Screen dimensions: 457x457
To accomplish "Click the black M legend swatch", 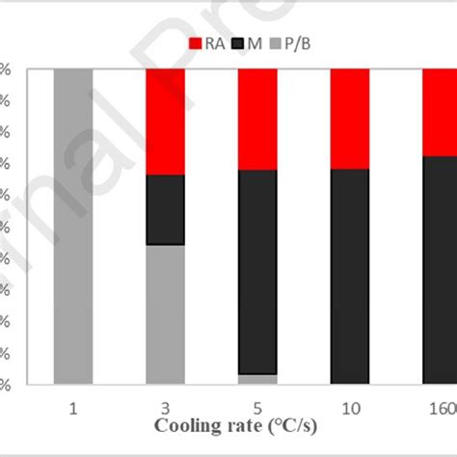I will [246, 42].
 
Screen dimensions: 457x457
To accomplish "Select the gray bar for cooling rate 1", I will [73, 227].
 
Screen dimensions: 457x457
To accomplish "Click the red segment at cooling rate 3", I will [165, 121].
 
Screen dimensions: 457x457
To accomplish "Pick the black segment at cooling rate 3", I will [165, 209].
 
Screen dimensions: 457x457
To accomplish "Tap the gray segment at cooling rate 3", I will [165, 314].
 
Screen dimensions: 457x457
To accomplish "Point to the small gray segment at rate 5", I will [257, 379].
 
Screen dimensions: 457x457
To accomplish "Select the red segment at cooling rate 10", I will [349, 119].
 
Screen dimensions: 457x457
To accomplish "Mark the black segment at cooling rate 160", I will [440, 270].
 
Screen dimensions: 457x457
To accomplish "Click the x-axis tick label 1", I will [73, 408].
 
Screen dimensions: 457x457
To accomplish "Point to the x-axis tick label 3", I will [165, 408].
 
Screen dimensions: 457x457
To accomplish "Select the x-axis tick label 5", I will [257, 408].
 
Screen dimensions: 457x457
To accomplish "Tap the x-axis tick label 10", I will [349, 408].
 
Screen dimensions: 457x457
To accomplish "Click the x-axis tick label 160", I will [441, 408].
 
